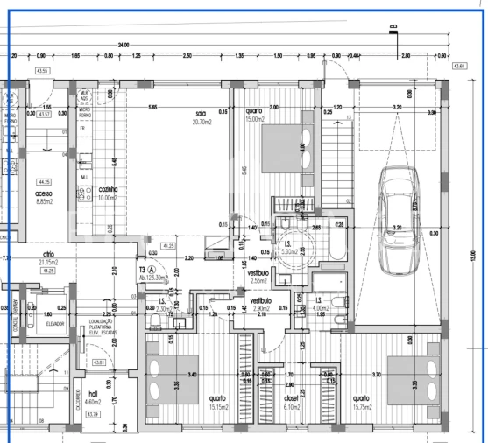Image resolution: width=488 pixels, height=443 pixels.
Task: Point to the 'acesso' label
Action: (x=45, y=193)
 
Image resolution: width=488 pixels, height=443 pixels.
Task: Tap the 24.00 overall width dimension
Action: (x=124, y=44)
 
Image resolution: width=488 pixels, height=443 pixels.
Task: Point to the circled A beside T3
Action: (x=152, y=270)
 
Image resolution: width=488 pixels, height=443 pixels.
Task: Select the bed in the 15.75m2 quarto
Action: (x=410, y=382)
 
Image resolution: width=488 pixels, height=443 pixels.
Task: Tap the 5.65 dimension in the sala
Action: (x=152, y=107)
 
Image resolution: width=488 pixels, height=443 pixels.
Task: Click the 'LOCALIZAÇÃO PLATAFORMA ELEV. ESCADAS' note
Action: (x=94, y=327)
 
